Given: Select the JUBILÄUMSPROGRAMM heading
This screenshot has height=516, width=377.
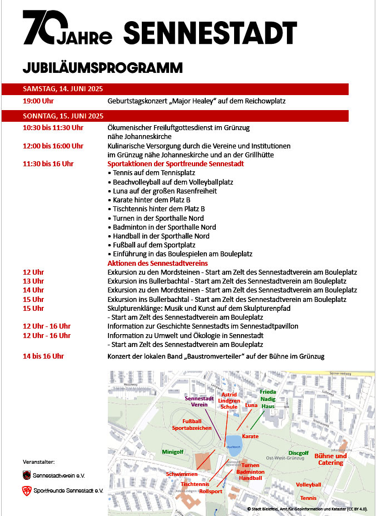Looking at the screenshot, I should (x=103, y=68).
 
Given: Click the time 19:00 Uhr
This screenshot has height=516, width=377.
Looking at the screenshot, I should (x=38, y=101).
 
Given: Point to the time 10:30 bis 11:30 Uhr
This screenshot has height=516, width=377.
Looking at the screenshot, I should (x=53, y=128).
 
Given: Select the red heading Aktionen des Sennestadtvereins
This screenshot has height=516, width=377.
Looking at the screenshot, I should (x=157, y=263).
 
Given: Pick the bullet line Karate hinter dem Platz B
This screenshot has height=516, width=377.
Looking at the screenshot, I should (x=150, y=200).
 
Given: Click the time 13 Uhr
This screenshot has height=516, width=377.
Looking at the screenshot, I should (x=33, y=281).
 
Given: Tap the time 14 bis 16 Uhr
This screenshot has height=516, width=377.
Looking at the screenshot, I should (x=43, y=356).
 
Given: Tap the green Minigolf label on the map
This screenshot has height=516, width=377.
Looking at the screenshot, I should (x=172, y=451).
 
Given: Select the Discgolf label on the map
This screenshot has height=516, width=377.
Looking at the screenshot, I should (x=298, y=453).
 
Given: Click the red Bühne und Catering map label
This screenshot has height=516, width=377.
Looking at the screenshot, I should (x=331, y=459).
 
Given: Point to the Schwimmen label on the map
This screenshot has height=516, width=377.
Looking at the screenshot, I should (x=182, y=474).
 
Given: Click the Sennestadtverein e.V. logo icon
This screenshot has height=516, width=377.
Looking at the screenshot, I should (x=27, y=475).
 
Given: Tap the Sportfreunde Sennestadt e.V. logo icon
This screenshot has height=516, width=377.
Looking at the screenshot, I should (x=27, y=490).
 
